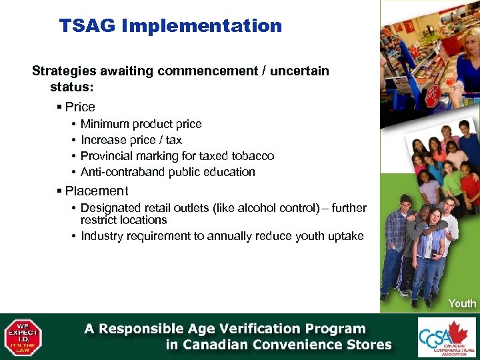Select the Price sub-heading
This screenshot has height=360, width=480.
(80, 107)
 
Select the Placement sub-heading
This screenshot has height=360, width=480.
(96, 191)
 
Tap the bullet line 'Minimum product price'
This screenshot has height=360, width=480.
(141, 124)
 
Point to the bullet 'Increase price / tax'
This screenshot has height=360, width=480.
(131, 140)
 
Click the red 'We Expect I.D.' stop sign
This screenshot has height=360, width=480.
(23, 337)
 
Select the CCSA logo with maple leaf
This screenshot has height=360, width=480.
(447, 337)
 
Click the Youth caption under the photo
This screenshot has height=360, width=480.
(462, 303)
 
